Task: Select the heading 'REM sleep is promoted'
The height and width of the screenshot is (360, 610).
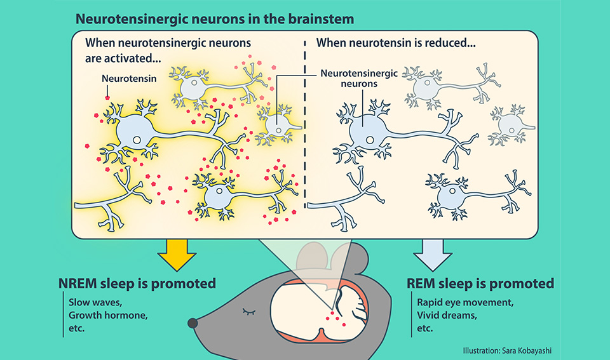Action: pyautogui.click(x=480, y=283)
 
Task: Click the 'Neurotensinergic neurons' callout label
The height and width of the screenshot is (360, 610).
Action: pyautogui.click(x=359, y=78)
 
